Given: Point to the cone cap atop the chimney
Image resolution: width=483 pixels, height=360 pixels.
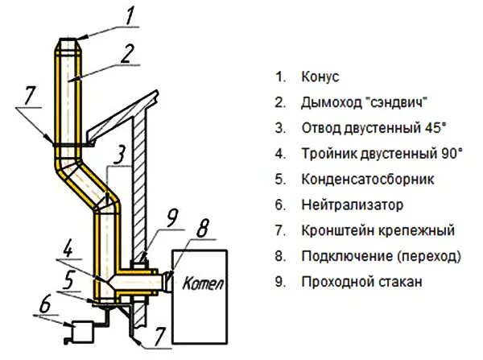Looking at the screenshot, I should pos(69,42).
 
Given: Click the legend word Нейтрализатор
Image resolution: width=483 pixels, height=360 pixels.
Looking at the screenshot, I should pos(351,205).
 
